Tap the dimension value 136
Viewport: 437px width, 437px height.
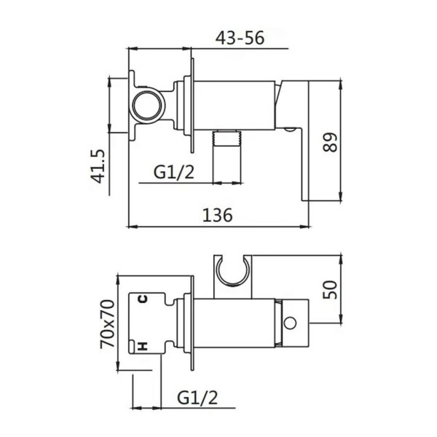pos(217,216)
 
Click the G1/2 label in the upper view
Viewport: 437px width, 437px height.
pos(174,173)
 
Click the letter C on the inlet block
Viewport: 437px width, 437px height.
pos(143,298)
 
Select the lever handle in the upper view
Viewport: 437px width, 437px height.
pos(297,138)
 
